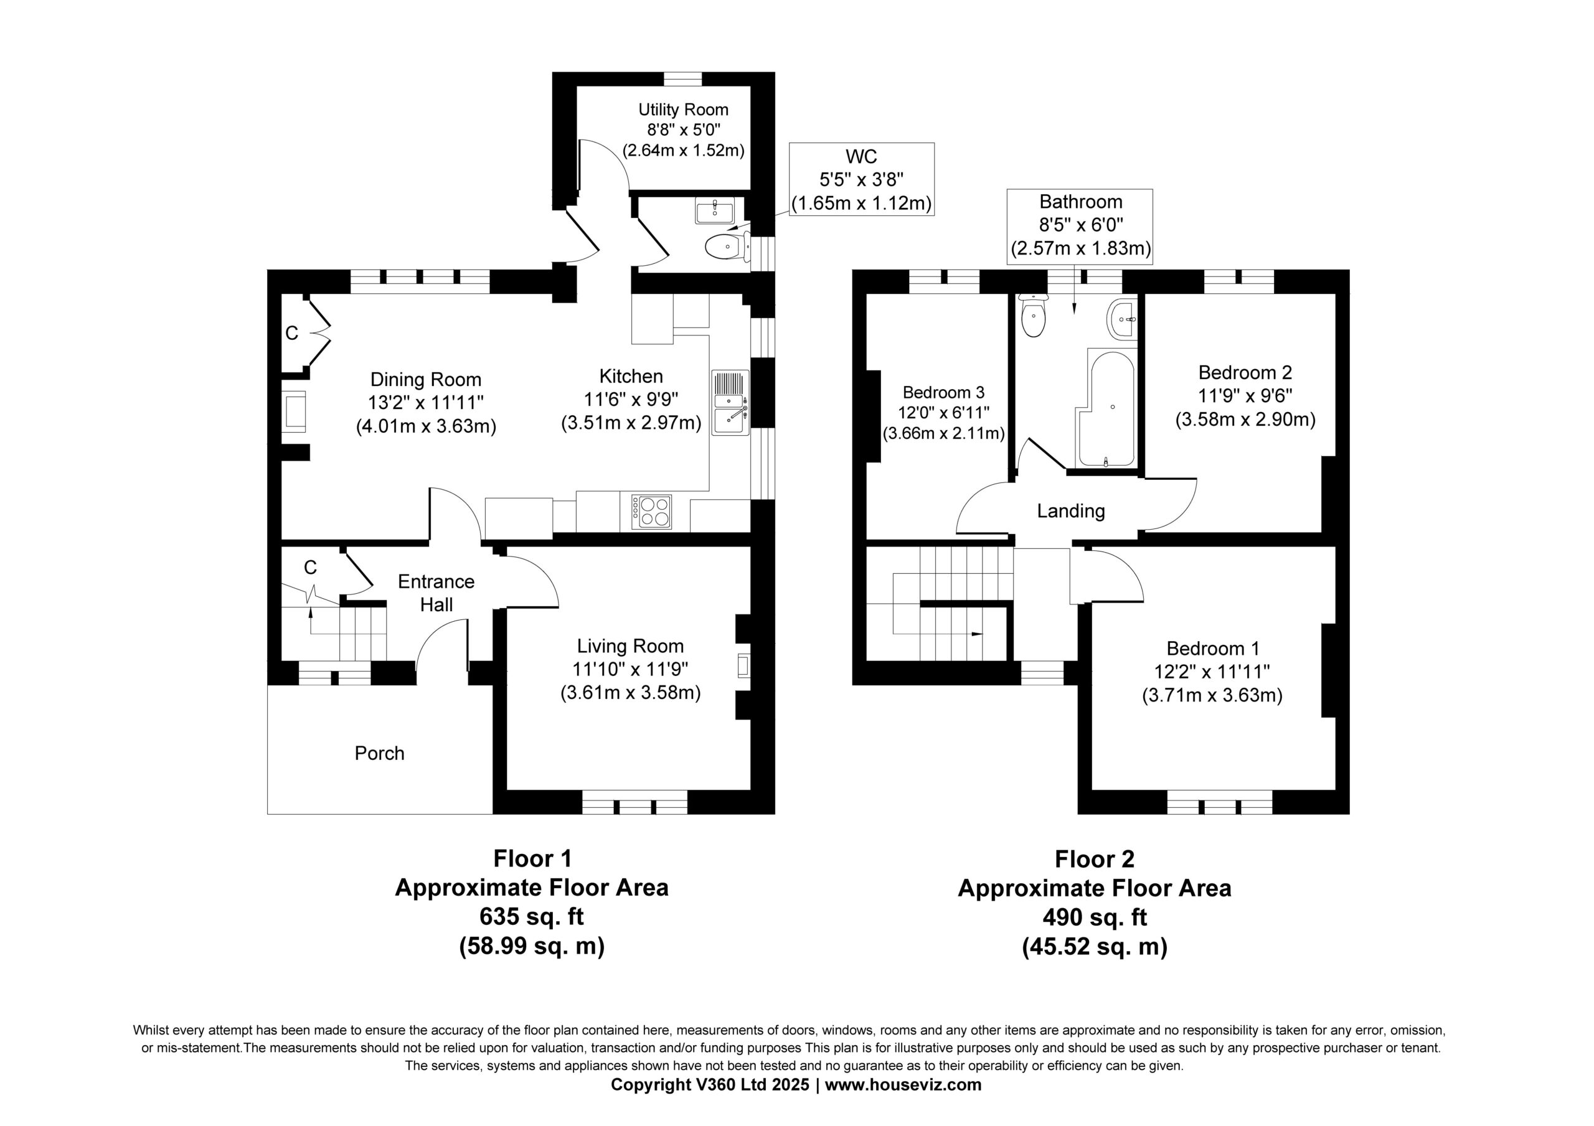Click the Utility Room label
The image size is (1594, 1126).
(683, 110)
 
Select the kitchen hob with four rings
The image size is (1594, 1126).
(651, 512)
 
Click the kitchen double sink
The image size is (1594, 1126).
(730, 403)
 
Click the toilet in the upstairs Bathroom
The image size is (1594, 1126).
(1033, 316)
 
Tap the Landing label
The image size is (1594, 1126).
(1070, 511)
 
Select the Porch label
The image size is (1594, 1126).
(379, 753)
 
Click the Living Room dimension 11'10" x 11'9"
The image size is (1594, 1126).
(630, 669)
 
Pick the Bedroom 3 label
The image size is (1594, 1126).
(943, 392)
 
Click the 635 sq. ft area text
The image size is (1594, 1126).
(532, 916)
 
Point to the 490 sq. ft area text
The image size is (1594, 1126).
(1095, 917)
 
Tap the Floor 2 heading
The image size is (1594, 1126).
(1095, 859)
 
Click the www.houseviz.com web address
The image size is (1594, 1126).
(903, 1085)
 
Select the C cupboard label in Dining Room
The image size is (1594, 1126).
(291, 333)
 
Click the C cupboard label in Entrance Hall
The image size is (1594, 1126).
(310, 568)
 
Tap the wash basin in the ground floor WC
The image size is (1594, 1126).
(715, 210)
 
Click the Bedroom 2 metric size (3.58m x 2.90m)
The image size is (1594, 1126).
(1245, 420)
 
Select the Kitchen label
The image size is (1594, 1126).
(631, 376)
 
